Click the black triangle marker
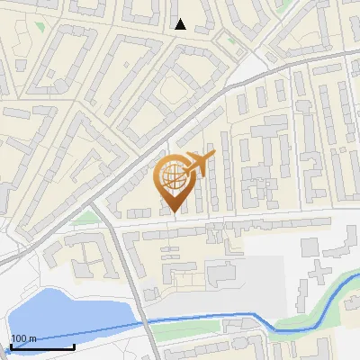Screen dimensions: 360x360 (x=180, y=24)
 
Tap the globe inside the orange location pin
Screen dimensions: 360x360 (x=174, y=176)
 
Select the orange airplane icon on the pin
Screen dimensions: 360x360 (x=198, y=164)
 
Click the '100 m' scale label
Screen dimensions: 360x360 (x=23, y=338)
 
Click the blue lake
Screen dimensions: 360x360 (x=63, y=315)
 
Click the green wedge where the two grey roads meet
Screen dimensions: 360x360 (x=85, y=218)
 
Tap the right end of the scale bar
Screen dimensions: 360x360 (x=74, y=346)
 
